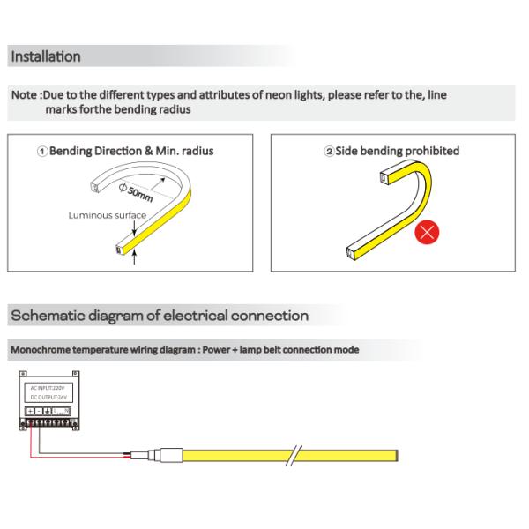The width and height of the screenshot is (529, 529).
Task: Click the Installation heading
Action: (x=45, y=56)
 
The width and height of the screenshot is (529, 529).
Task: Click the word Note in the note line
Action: (x=23, y=93)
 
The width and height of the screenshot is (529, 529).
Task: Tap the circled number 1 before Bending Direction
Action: (x=41, y=152)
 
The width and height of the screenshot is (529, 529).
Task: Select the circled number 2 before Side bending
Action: (x=329, y=152)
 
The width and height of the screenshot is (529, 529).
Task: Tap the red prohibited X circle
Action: (x=428, y=233)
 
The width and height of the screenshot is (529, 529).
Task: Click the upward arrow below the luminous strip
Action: (x=134, y=257)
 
